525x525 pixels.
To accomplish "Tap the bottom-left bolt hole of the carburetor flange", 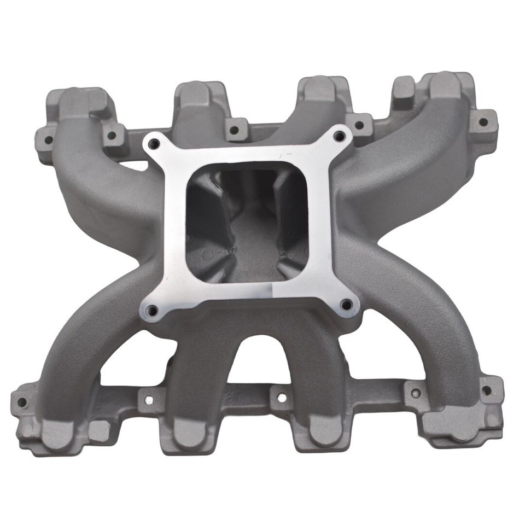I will point(151,311).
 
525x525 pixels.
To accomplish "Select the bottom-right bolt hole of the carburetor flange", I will point(346,306).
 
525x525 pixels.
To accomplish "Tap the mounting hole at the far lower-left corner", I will point(22,402).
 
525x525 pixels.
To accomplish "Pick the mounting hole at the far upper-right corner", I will point(483,121).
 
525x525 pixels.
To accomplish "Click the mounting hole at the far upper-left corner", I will point(48,139).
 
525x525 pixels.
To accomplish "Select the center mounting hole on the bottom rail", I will point(281,398).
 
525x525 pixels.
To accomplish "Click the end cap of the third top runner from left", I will point(319,87).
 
